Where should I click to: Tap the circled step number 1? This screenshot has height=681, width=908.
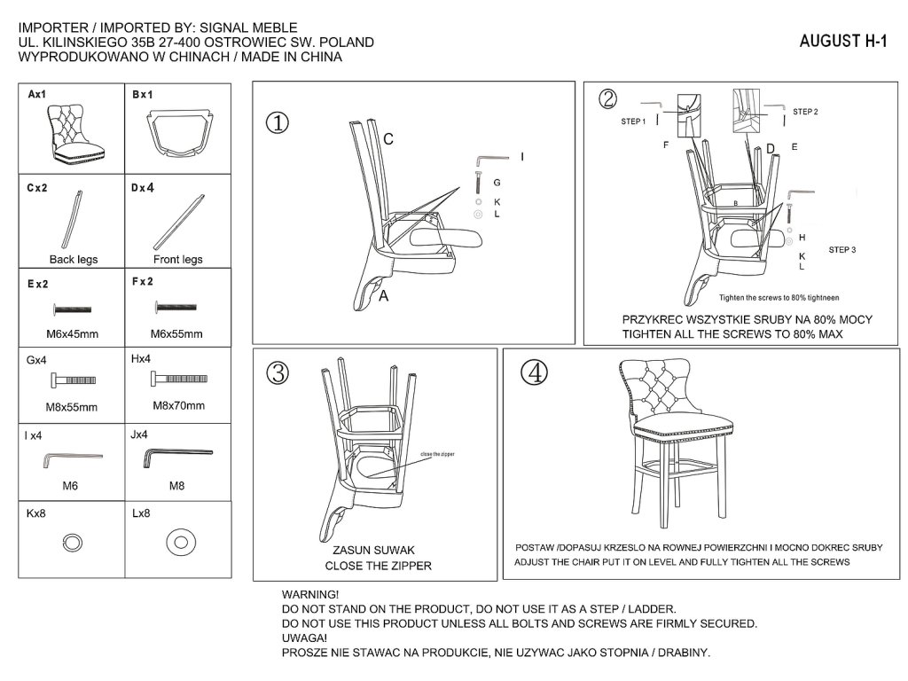[278, 122]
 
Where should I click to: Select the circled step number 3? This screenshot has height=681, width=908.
[278, 373]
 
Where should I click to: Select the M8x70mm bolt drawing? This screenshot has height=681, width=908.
[177, 380]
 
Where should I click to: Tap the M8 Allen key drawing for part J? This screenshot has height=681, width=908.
[177, 457]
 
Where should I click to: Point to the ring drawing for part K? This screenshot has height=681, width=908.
[72, 542]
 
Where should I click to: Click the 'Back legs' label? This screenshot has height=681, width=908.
[74, 260]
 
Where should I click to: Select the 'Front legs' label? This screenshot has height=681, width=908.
[178, 260]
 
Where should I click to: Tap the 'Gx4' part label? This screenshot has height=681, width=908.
[37, 361]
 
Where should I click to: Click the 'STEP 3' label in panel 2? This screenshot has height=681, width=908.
[842, 250]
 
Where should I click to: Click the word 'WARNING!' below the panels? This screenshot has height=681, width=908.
[309, 594]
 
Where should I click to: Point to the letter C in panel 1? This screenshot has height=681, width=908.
[388, 139]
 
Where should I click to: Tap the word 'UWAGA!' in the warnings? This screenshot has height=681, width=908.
[304, 638]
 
